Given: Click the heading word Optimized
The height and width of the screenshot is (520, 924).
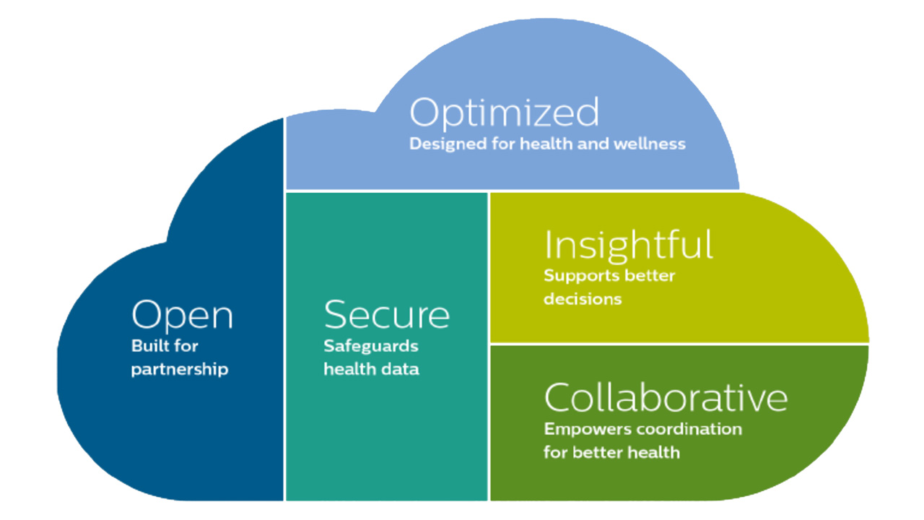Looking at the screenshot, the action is pyautogui.click(x=504, y=112).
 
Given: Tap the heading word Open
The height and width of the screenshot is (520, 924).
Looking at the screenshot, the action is pyautogui.click(x=183, y=316).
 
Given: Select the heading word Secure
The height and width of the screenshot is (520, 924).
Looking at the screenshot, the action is pyautogui.click(x=386, y=314).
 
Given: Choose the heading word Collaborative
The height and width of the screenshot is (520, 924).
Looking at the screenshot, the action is pyautogui.click(x=666, y=397).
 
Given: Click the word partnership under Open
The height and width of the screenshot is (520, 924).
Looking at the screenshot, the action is pyautogui.click(x=180, y=369).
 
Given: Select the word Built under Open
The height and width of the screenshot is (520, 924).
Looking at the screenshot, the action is pyautogui.click(x=147, y=345).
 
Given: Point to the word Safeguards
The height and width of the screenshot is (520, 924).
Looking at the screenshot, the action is pyautogui.click(x=371, y=346).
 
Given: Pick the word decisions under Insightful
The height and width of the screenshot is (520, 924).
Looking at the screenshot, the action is pyautogui.click(x=583, y=298).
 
